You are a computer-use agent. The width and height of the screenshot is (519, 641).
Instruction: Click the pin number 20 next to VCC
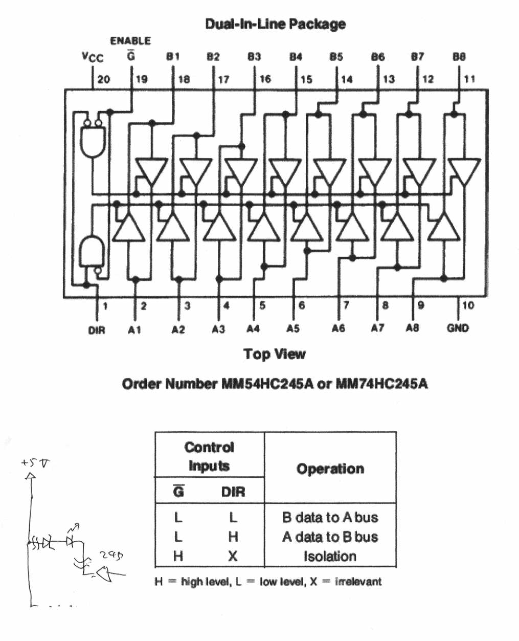[104, 79]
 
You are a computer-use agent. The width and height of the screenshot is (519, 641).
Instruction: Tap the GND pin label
[457, 328]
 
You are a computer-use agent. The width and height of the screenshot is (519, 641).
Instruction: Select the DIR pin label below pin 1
[97, 330]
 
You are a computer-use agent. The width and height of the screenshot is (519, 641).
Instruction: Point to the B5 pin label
[336, 57]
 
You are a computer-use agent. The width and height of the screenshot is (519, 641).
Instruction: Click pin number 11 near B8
[469, 79]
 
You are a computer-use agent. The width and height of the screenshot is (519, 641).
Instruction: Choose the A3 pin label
[218, 329]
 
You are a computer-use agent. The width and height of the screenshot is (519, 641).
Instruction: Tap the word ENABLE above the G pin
[130, 41]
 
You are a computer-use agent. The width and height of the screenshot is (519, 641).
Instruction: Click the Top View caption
[275, 354]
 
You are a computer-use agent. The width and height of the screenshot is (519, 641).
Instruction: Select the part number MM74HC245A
[381, 384]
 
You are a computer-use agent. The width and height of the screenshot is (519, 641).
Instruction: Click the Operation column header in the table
[330, 469]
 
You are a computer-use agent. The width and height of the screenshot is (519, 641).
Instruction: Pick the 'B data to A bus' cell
[330, 517]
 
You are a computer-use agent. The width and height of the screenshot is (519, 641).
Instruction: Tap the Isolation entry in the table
[330, 556]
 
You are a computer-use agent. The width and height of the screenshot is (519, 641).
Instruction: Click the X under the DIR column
[233, 556]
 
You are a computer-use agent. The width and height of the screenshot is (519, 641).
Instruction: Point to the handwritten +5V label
[36, 463]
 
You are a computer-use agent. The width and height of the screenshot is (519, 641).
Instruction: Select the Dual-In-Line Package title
[275, 24]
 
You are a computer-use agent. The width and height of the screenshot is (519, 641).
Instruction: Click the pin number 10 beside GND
[468, 306]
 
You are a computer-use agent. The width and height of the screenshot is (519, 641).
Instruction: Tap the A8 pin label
[412, 328]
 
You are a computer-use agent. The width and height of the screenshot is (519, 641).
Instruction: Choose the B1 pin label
[173, 57]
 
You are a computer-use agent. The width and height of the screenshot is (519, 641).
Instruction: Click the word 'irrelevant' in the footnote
[358, 582]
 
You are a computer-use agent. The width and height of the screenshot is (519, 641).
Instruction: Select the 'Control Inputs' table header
[209, 456]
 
